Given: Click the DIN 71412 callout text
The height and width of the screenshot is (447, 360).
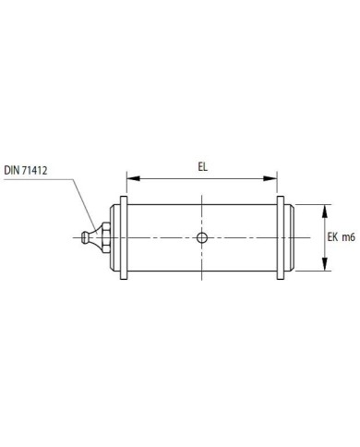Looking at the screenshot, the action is click(26, 171).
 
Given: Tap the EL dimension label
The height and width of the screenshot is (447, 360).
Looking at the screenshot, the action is click(202, 167).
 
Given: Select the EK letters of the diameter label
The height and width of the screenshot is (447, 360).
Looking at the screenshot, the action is click(332, 237).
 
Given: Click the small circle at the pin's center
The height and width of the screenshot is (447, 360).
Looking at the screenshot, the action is click(202, 237).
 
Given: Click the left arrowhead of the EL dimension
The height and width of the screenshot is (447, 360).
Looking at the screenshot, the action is click(133, 178).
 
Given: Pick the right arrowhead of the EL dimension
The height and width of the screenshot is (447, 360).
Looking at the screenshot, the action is click(270, 178).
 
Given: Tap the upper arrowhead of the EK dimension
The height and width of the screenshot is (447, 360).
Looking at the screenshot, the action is click(324, 211).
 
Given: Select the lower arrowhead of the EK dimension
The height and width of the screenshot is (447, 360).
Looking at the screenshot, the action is click(324, 264).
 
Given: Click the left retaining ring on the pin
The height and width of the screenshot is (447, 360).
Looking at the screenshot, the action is click(124, 237).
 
